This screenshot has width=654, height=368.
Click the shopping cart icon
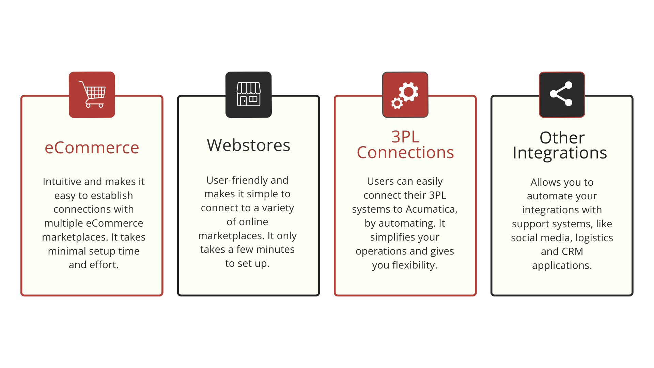point(92,94)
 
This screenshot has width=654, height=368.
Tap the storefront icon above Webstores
point(249,94)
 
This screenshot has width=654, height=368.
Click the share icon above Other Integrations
point(561,94)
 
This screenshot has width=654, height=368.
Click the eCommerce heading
point(92,148)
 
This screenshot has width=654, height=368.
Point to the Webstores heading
point(249,145)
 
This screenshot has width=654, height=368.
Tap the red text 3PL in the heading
point(405,137)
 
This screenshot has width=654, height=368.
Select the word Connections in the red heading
point(405,152)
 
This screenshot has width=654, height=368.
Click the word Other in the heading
point(562,138)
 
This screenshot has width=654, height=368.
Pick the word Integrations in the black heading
point(560,153)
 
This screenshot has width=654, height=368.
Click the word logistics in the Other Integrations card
point(594,238)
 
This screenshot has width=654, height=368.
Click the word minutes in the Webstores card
point(275,249)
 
